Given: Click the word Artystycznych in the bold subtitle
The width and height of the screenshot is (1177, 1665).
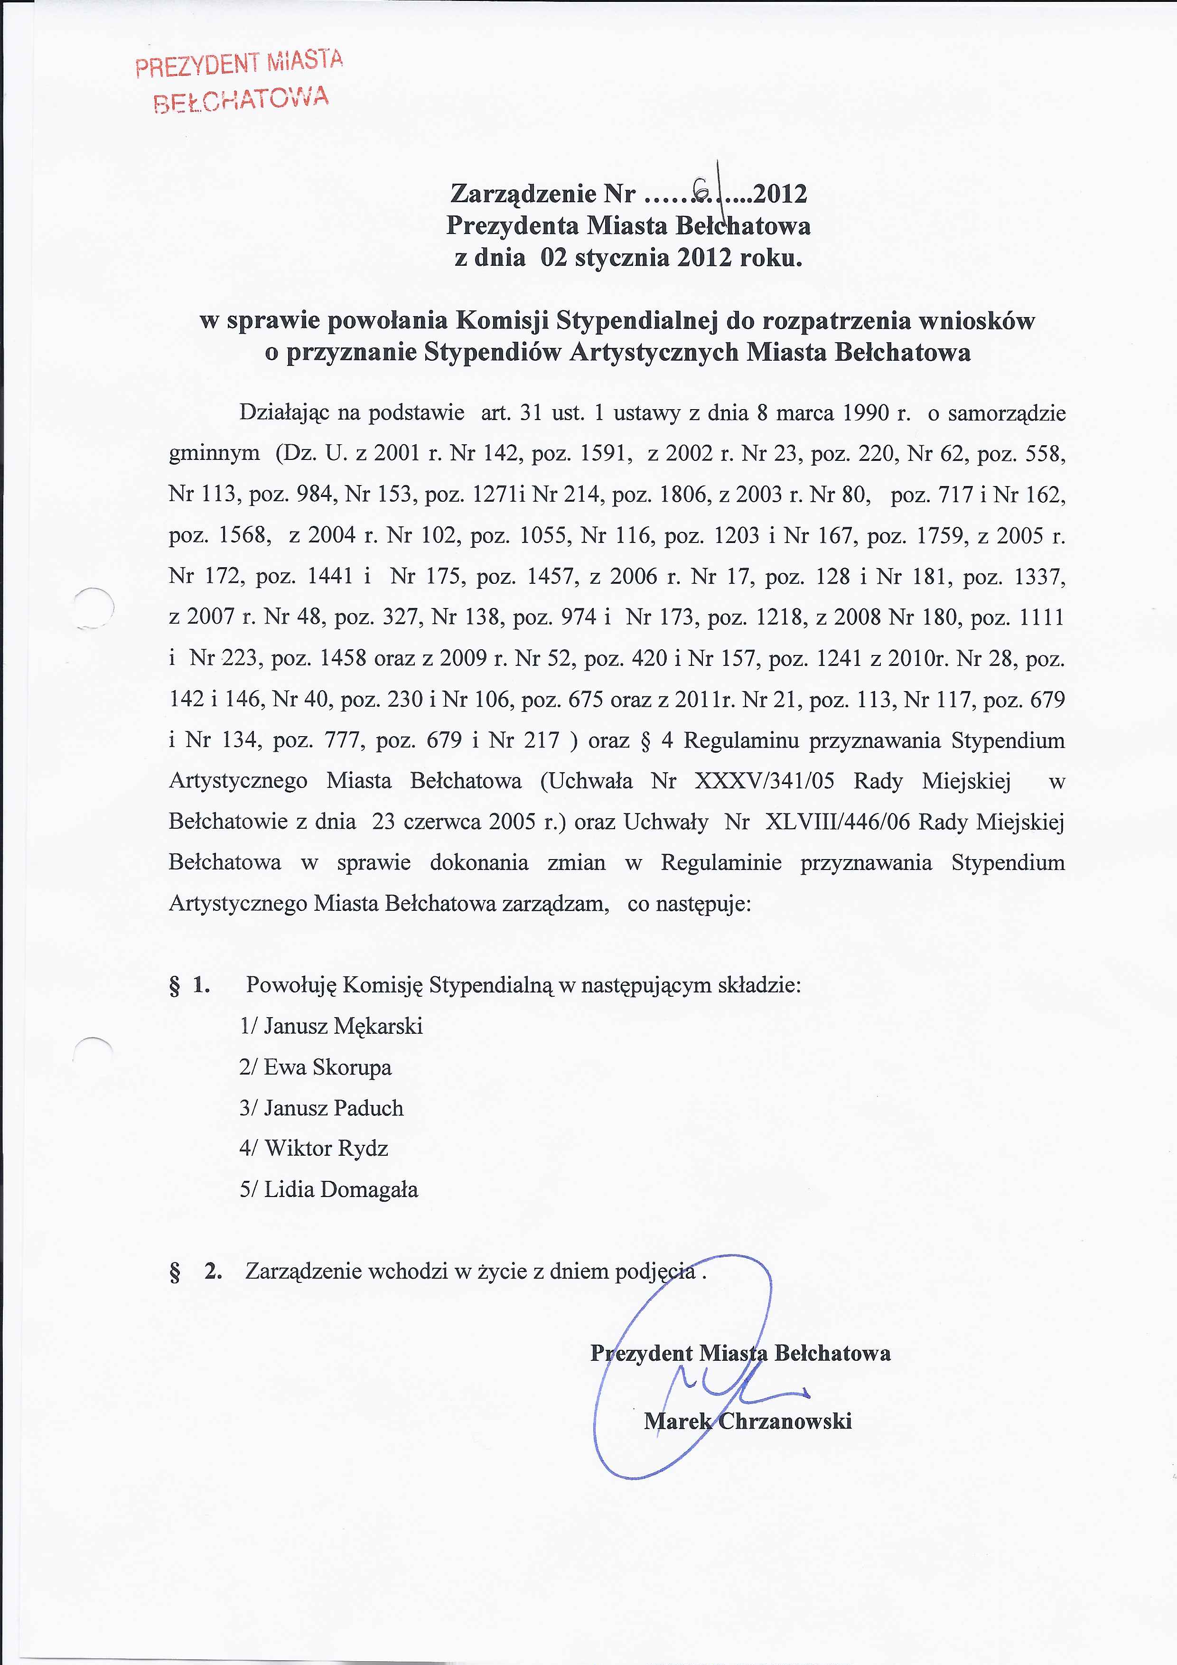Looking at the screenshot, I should click(655, 353).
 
